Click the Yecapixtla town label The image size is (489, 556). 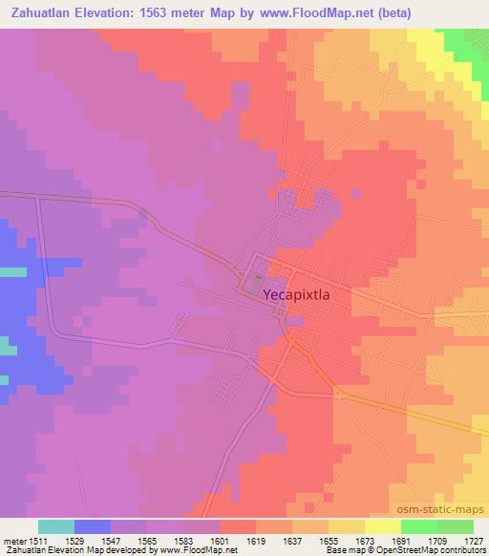pyautogui.click(x=296, y=296)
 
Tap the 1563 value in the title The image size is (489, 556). pyautogui.click(x=148, y=12)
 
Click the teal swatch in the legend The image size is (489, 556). pyautogui.click(x=56, y=526)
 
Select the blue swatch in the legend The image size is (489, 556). pyautogui.click(x=93, y=526)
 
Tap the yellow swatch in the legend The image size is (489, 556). pyautogui.click(x=383, y=526)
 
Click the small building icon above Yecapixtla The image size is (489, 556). pyautogui.click(x=257, y=276)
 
